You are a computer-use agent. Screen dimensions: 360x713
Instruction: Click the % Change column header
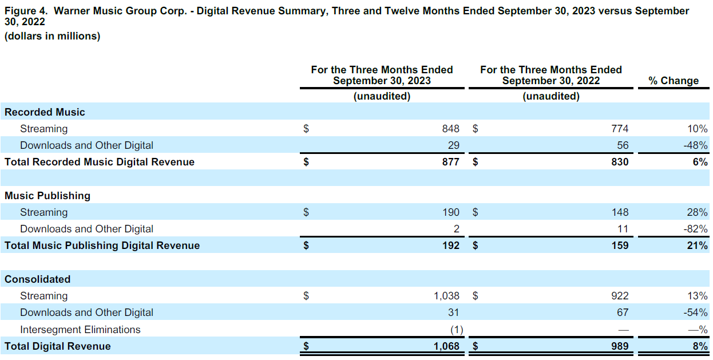tap(674, 81)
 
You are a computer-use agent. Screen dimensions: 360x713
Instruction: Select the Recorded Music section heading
tap(45, 112)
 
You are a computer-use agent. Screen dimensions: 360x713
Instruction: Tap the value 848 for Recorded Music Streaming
tap(450, 129)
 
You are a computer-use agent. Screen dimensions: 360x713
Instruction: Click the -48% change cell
tap(695, 145)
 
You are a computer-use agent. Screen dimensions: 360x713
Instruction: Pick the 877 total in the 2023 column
tap(450, 162)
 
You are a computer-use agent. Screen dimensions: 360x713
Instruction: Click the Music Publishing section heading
tap(47, 196)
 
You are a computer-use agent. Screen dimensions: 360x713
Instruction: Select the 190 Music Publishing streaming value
tap(450, 212)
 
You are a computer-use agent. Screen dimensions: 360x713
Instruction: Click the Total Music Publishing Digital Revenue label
tap(102, 246)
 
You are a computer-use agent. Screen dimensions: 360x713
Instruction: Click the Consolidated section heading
tap(38, 279)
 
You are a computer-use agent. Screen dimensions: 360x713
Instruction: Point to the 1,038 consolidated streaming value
tap(446, 296)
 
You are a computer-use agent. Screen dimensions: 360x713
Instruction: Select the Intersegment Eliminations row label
tap(80, 330)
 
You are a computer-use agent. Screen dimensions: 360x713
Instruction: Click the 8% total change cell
tap(700, 346)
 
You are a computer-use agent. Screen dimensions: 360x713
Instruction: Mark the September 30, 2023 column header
tap(382, 75)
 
